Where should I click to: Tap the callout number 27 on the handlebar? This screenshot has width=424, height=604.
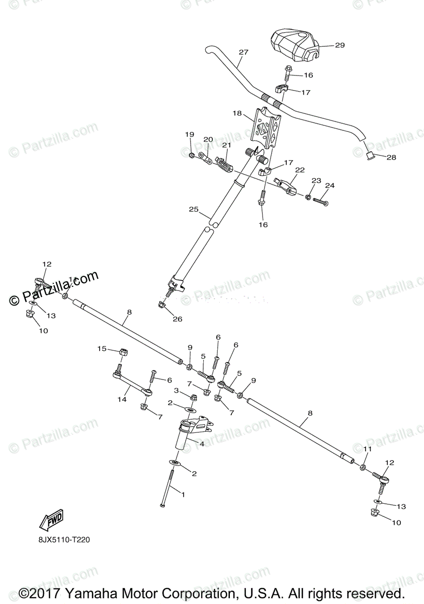point(244,52)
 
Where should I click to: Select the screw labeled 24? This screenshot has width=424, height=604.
point(320,202)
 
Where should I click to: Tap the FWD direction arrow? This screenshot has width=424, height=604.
point(49,523)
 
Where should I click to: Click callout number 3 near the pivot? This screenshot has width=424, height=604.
point(177,391)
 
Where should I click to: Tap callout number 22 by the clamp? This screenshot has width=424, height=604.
point(299,170)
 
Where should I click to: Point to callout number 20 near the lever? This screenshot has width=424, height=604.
point(208,139)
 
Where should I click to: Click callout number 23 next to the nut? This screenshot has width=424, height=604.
point(316,181)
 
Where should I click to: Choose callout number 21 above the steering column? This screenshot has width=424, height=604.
point(226,145)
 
